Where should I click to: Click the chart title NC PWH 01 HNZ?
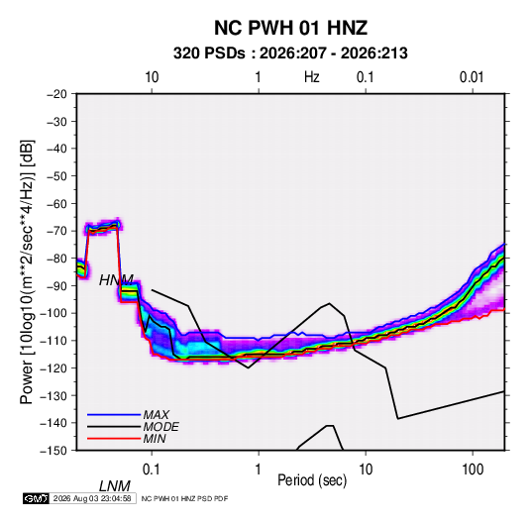point(290,28)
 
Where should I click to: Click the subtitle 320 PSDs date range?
point(290,53)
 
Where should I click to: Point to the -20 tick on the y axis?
point(56,94)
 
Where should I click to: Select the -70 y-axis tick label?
point(56,231)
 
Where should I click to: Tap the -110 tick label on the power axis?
point(54,341)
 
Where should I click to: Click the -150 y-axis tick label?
point(54,451)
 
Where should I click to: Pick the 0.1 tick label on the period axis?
point(152,470)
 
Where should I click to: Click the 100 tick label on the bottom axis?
point(473,470)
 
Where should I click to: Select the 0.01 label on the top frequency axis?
point(472,77)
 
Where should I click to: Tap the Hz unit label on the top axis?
point(311,77)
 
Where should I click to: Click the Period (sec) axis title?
point(312,480)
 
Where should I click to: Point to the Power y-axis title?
point(27,271)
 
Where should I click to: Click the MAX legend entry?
point(156,414)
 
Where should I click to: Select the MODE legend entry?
point(160,427)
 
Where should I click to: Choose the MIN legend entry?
point(155,439)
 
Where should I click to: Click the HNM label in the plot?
point(116,280)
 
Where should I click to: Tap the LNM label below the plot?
point(115,486)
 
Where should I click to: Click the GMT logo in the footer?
point(37,498)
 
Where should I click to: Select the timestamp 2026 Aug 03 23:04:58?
point(92,498)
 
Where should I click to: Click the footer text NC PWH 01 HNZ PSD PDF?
point(184,498)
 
